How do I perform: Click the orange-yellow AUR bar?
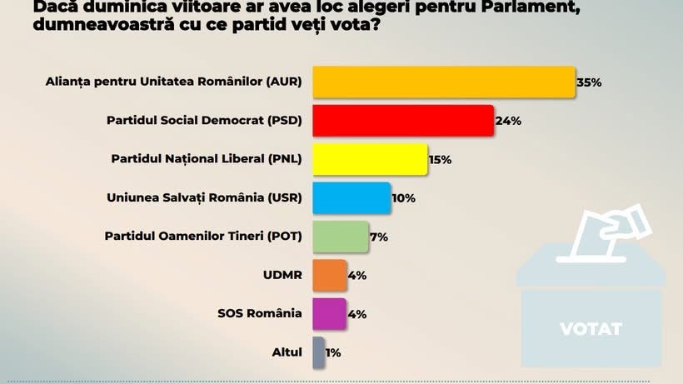click(x=444, y=82)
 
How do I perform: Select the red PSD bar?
click(x=403, y=120)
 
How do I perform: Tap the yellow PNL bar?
click(x=370, y=159)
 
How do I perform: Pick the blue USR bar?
click(x=351, y=197)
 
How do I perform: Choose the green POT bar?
click(x=340, y=236)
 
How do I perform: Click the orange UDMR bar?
click(x=329, y=275)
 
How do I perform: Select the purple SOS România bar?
click(x=329, y=313)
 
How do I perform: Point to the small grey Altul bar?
click(x=318, y=352)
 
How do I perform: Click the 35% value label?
click(x=589, y=82)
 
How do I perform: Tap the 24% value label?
click(x=508, y=121)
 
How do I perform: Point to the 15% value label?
click(x=440, y=160)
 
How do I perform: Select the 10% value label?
click(x=404, y=198)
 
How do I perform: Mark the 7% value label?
click(x=379, y=237)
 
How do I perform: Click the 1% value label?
click(x=333, y=353)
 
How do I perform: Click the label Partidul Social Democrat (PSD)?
click(x=204, y=121)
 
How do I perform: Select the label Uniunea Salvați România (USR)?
click(x=205, y=198)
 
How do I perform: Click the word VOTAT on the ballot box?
click(x=591, y=328)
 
